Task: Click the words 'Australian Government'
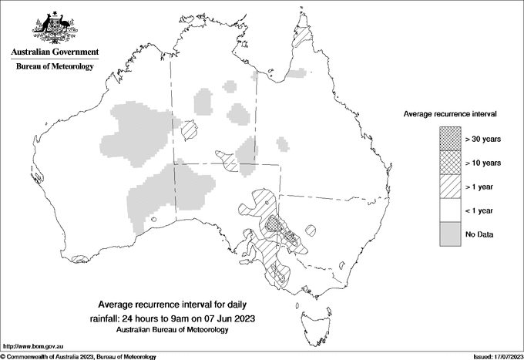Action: pyautogui.click(x=55, y=52)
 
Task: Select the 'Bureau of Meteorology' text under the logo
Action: pyautogui.click(x=55, y=67)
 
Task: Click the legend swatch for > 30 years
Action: pyautogui.click(x=451, y=139)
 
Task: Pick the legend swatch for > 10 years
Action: pyautogui.click(x=451, y=163)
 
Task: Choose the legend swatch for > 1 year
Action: pyautogui.click(x=451, y=187)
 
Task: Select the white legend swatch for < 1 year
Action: pyautogui.click(x=451, y=210)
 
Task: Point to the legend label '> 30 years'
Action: pyautogui.click(x=484, y=139)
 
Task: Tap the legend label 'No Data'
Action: pyautogui.click(x=479, y=234)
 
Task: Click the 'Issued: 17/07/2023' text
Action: pyautogui.click(x=495, y=356)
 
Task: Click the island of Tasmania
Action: pyautogui.click(x=308, y=315)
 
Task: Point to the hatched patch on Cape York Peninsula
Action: pyautogui.click(x=307, y=36)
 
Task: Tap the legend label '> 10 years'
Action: pyautogui.click(x=484, y=163)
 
